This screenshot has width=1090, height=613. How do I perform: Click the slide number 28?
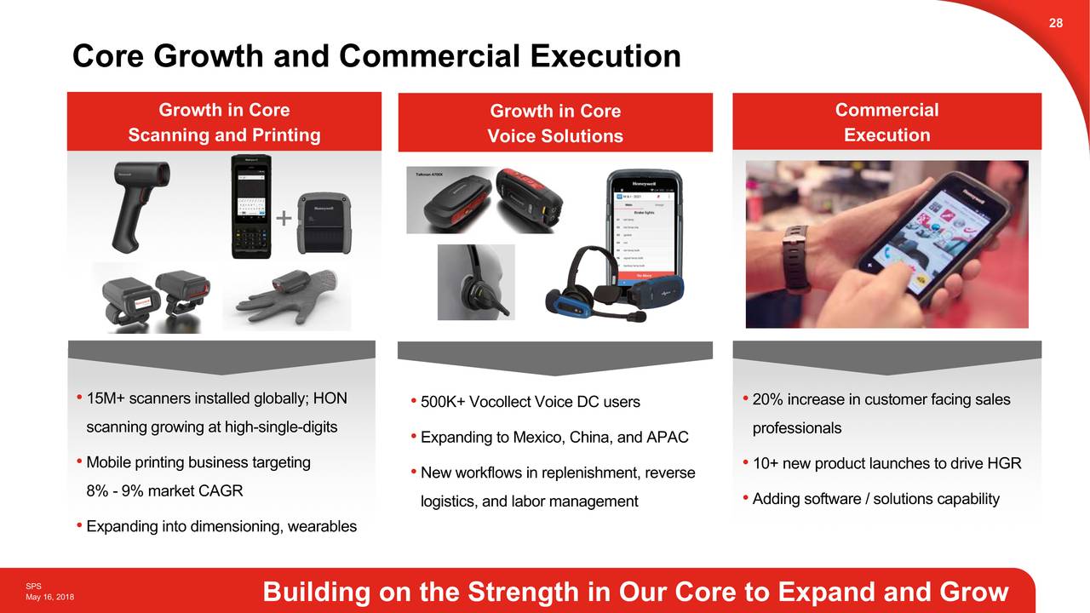pyautogui.click(x=1055, y=23)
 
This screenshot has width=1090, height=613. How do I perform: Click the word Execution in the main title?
pyautogui.click(x=605, y=56)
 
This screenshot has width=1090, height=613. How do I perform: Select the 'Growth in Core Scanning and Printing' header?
pyautogui.click(x=224, y=122)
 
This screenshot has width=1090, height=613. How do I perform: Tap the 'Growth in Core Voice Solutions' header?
pyautogui.click(x=555, y=123)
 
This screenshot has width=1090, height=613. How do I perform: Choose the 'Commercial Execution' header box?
pyautogui.click(x=886, y=122)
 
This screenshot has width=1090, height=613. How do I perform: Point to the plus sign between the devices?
pyautogui.click(x=283, y=220)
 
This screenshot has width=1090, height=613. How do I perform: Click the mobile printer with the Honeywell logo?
pyautogui.click(x=323, y=223)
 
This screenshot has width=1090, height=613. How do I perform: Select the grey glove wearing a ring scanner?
pyautogui.click(x=285, y=297)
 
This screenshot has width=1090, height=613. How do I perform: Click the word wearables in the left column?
pyautogui.click(x=322, y=526)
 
